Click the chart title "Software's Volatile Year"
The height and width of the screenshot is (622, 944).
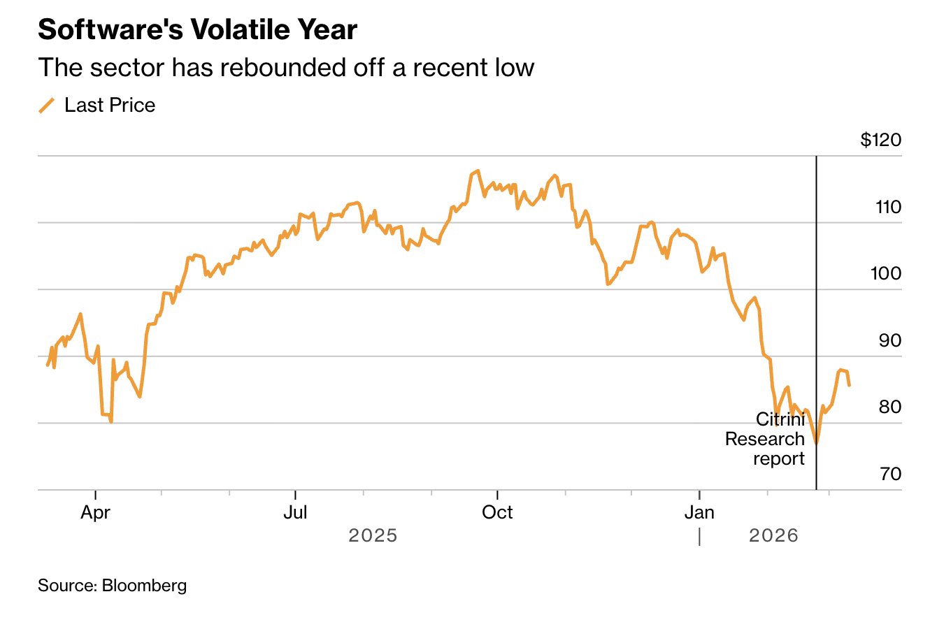[x=197, y=30]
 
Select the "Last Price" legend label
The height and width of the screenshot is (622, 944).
[x=110, y=106]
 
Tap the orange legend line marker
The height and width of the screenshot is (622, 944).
[x=47, y=106]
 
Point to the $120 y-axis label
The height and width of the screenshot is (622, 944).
[x=880, y=140]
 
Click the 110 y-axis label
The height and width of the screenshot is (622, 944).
[x=886, y=208]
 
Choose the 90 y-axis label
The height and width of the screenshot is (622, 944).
[x=888, y=341]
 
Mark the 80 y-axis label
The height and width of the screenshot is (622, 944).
[x=888, y=407]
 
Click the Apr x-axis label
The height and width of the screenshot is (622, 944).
[x=96, y=512]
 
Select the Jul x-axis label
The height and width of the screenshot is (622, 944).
[x=296, y=512]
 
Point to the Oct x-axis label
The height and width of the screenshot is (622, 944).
[x=497, y=512]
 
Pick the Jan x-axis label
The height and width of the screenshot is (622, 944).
[x=699, y=512]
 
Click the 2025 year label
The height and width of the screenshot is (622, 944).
[x=373, y=536]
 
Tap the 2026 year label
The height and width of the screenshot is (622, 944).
[x=773, y=536]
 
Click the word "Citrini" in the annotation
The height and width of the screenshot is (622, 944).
[x=780, y=419]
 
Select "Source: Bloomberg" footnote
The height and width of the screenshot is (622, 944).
[x=113, y=586]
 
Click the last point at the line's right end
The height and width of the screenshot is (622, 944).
[x=849, y=385]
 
